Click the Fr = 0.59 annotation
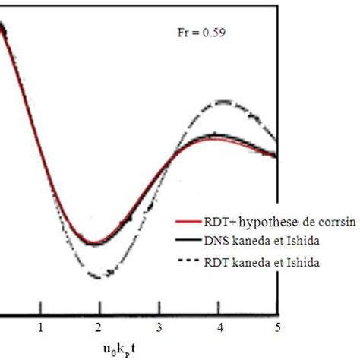(194, 33)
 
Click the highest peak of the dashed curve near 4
(223, 100)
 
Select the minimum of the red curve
(93, 243)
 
